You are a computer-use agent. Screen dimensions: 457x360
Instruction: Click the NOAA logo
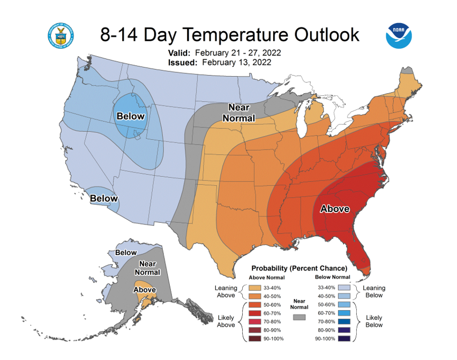tap(399, 36)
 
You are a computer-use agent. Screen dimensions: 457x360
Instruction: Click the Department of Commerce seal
tap(61, 36)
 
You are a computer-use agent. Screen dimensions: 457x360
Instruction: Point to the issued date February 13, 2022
tap(237, 62)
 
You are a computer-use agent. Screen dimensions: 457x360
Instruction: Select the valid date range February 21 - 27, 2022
tap(238, 52)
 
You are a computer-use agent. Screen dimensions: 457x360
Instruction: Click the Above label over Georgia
tap(335, 209)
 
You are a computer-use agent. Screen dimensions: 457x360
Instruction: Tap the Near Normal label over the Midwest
tap(239, 113)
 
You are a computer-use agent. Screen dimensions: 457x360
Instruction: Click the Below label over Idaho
tap(131, 116)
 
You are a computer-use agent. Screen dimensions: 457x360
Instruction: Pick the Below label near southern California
tap(104, 198)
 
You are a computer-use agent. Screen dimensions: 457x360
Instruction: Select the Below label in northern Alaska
tap(126, 252)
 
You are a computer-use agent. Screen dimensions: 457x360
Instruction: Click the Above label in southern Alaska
tap(145, 290)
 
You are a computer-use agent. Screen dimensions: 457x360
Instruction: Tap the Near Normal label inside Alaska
tap(147, 268)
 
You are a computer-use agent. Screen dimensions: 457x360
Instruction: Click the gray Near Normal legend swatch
tap(299, 317)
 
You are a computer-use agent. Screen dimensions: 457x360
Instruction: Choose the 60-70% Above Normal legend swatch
tap(254, 313)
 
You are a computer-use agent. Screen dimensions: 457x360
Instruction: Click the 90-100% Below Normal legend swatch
tap(344, 339)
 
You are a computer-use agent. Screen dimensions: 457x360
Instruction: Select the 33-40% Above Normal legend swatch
tap(254, 288)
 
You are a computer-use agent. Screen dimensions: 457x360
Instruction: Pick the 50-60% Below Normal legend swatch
tap(344, 305)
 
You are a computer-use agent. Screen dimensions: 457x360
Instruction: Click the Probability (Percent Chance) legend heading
tap(299, 268)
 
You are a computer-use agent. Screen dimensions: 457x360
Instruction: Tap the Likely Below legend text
tap(374, 321)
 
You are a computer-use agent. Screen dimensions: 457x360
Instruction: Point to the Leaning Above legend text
tap(226, 291)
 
